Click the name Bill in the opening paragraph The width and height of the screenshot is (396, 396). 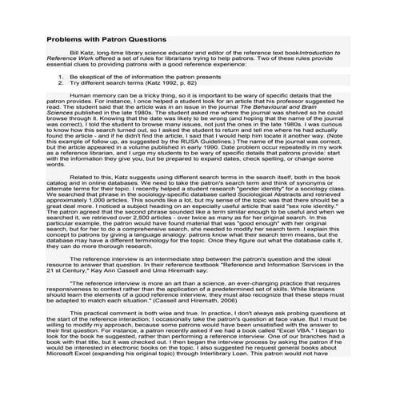tap(75, 52)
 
